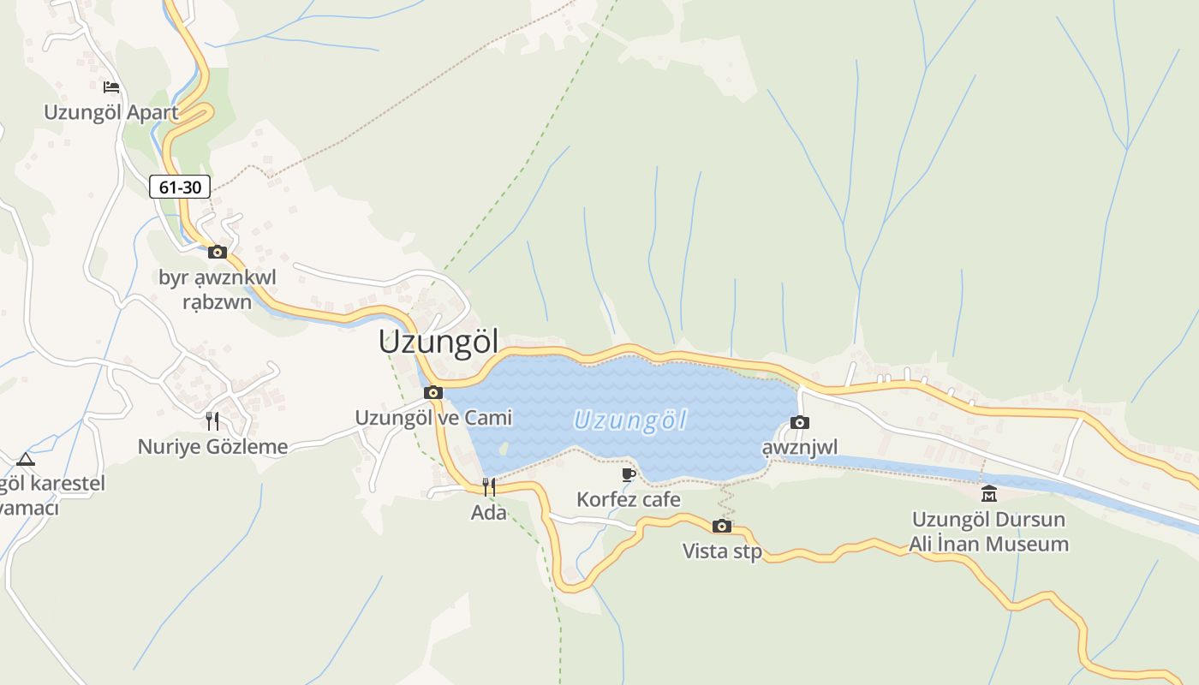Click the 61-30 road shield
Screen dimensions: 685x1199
coord(180,186)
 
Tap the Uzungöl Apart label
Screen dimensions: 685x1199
coord(111,112)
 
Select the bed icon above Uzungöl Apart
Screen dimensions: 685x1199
coord(110,86)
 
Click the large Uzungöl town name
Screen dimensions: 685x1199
coord(438,342)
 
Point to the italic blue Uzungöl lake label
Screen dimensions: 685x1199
coord(630,420)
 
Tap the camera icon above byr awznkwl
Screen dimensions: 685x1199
coord(218,252)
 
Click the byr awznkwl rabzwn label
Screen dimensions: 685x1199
coord(218,289)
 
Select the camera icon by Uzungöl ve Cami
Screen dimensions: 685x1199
coord(433,393)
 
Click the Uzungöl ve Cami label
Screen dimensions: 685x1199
coord(433,417)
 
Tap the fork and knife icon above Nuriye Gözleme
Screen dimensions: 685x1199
coord(212,421)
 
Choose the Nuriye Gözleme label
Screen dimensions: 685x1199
coord(212,446)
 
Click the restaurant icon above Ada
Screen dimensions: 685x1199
coord(488,487)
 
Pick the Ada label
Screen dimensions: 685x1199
coord(488,512)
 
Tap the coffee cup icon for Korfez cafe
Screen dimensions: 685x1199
coord(629,474)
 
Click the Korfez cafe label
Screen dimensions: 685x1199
coord(629,499)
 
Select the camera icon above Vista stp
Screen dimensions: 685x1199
coord(722,526)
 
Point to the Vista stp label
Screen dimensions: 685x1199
coord(722,551)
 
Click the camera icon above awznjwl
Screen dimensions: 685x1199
coord(799,422)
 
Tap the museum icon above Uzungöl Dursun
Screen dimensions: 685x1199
coord(989,494)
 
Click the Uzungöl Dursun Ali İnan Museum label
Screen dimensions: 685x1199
coord(989,532)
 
